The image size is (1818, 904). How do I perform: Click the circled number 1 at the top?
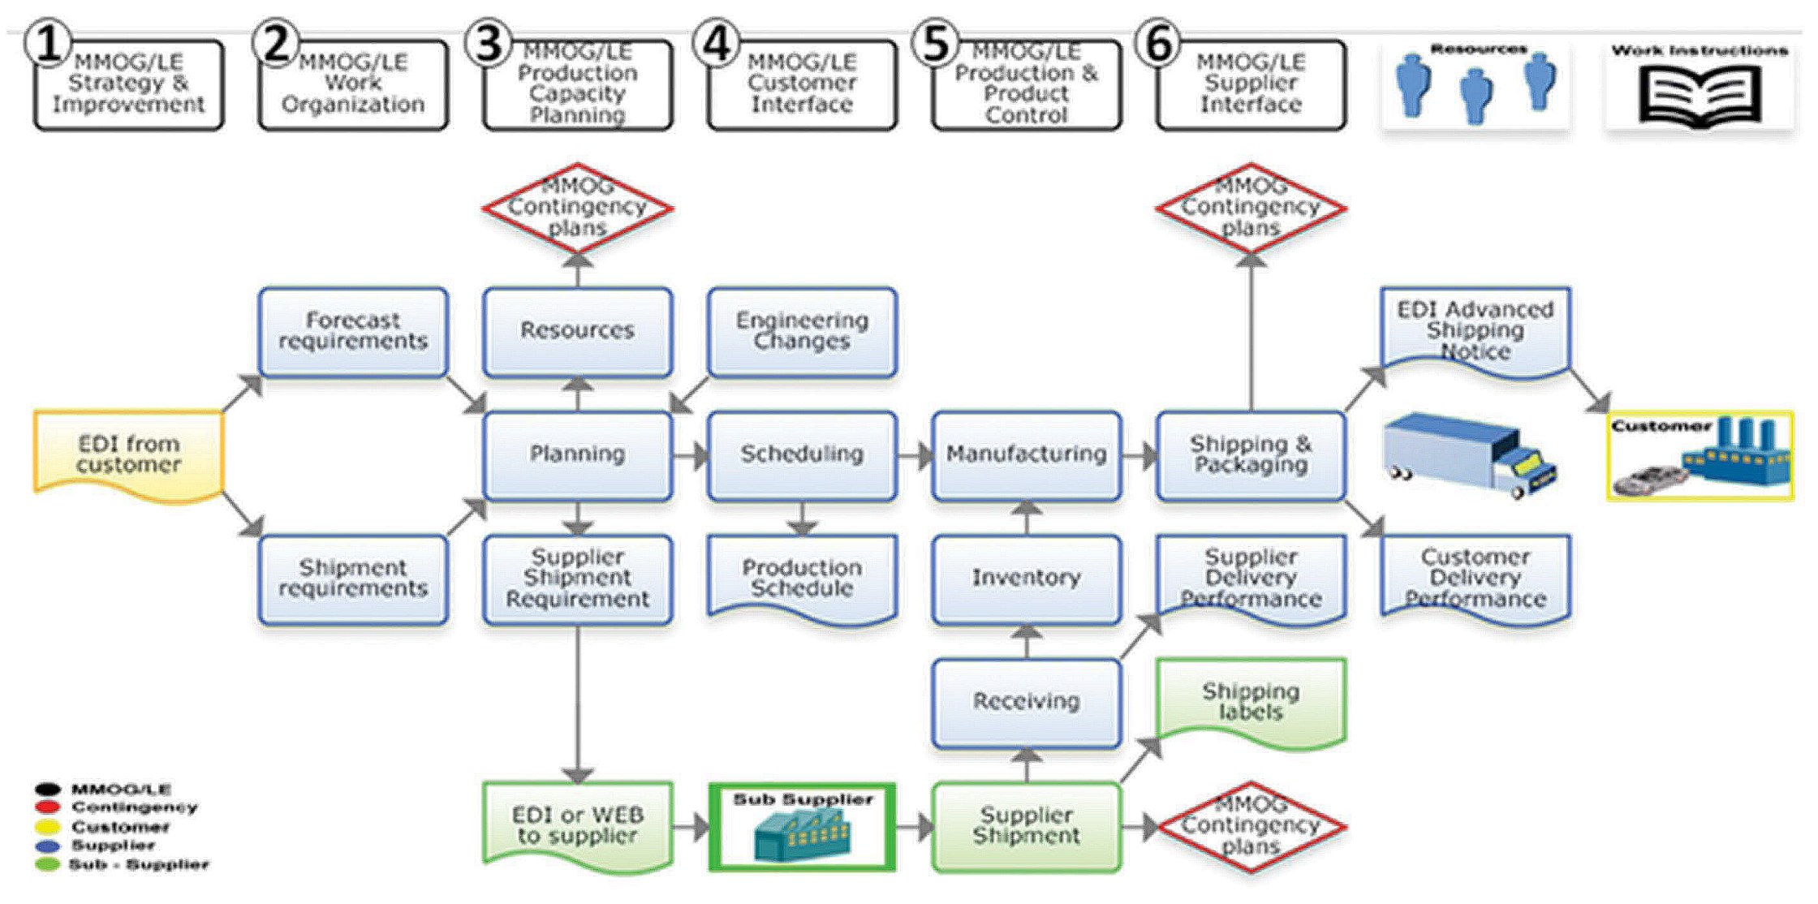pyautogui.click(x=48, y=44)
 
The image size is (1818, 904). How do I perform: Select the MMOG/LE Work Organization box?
pyautogui.click(x=353, y=84)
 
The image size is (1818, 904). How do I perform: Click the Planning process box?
pyautogui.click(x=577, y=454)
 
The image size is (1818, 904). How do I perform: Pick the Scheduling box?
pyautogui.click(x=802, y=454)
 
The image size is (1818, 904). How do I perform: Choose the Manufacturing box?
pyautogui.click(x=1026, y=454)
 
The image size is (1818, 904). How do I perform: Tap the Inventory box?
pyautogui.click(x=1026, y=578)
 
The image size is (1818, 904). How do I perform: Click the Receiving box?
pyautogui.click(x=1026, y=701)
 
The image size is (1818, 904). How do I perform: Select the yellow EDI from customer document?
pyautogui.click(x=128, y=454)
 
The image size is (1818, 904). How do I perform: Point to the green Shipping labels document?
pyautogui.click(x=1251, y=701)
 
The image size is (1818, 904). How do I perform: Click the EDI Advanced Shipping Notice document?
pyautogui.click(x=1475, y=331)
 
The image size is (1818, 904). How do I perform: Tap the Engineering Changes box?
pyautogui.click(x=802, y=331)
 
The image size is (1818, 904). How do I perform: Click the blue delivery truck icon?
pyautogui.click(x=1469, y=454)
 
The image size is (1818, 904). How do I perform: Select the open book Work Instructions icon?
pyautogui.click(x=1700, y=95)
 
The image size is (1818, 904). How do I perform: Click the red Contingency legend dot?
pyautogui.click(x=48, y=807)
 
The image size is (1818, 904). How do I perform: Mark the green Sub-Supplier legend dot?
pyautogui.click(x=48, y=864)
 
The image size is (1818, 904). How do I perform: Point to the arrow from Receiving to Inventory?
pyautogui.click(x=1027, y=642)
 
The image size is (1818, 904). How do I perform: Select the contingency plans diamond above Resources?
pyautogui.click(x=577, y=208)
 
